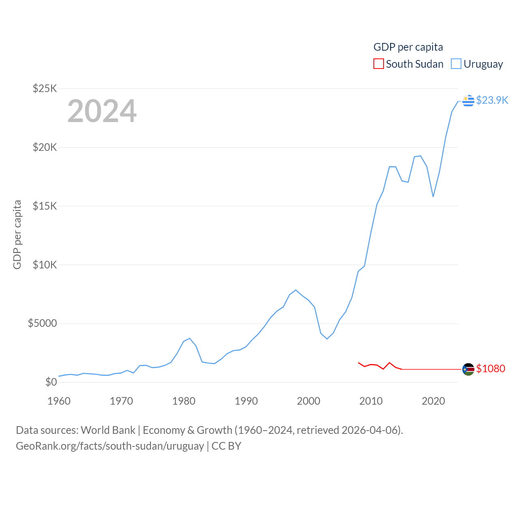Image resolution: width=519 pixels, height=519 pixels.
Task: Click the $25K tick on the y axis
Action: point(45,88)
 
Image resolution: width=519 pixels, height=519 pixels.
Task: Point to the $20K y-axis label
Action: point(45,147)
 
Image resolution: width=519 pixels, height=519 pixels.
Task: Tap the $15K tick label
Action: point(45,206)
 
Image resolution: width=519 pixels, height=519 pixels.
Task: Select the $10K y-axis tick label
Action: point(45,265)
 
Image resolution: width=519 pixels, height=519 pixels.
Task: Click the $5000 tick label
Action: point(43,324)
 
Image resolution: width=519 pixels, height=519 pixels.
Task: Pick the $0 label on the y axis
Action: point(51,382)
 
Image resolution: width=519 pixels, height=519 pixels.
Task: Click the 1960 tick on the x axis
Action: point(59,401)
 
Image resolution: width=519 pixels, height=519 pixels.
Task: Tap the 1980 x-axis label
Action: point(184,401)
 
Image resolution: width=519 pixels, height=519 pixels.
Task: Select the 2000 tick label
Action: point(309,401)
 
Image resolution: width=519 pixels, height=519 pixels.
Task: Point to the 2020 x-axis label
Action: point(433,401)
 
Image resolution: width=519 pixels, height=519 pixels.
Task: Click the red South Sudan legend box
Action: point(379,64)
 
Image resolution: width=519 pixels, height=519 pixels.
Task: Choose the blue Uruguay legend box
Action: point(456,64)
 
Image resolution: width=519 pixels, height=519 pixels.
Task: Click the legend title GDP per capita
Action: point(408,47)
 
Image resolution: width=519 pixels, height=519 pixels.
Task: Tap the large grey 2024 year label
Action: point(102,111)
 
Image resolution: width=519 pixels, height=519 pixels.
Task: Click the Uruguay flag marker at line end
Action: point(468,101)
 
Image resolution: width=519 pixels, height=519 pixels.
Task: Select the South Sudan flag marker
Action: point(468,369)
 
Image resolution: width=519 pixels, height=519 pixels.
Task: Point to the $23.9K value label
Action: point(492,100)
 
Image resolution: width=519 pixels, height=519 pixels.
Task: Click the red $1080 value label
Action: point(491,369)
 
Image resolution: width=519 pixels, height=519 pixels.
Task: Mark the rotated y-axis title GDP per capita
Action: point(17,234)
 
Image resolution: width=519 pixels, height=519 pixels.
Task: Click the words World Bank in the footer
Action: point(108,430)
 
